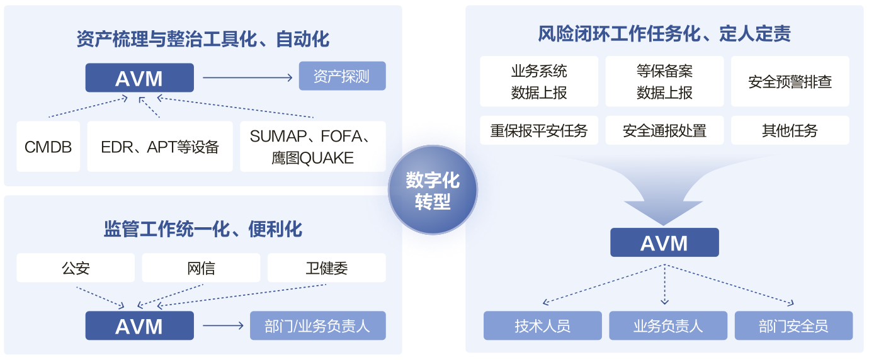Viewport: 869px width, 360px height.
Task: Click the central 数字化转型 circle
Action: [x=433, y=190]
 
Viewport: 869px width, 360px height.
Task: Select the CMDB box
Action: [x=48, y=147]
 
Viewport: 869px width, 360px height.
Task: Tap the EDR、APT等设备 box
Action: [x=160, y=147]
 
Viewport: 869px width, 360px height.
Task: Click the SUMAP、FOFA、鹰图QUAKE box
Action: [x=312, y=147]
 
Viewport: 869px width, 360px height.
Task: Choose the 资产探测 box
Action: [x=341, y=77]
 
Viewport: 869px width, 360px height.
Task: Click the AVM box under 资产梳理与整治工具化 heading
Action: [x=139, y=78]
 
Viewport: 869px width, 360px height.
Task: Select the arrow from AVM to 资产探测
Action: [x=247, y=78]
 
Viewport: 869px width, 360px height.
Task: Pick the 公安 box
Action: [x=76, y=268]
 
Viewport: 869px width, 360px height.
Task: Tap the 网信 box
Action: [x=201, y=268]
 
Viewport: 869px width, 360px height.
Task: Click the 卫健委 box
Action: [x=326, y=268]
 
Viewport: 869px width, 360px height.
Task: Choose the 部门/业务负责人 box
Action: [x=317, y=326]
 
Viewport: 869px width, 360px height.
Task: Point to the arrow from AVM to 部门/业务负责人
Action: [x=222, y=326]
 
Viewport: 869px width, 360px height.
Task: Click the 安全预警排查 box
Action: [x=790, y=82]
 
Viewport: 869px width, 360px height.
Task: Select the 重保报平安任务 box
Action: [x=539, y=130]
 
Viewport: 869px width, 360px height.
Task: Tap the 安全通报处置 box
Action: [x=664, y=130]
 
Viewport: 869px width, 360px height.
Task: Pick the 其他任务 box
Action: [x=790, y=130]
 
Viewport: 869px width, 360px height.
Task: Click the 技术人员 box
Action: [x=542, y=326]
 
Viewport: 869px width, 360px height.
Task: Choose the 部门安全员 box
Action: [x=793, y=326]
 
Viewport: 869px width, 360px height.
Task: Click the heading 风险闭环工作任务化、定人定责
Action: [x=664, y=33]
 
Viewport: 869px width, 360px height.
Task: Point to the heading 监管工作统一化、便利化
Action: [x=203, y=228]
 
